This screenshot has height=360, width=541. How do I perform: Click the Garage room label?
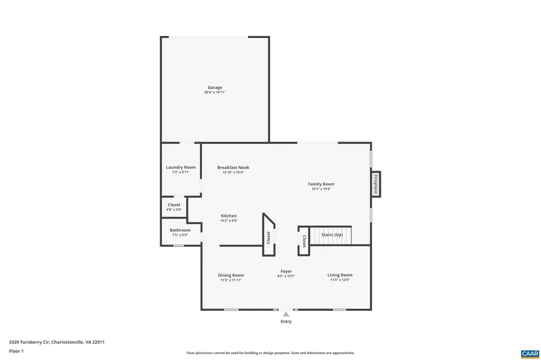coord(214,88)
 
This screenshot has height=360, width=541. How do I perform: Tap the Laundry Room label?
coord(181,167)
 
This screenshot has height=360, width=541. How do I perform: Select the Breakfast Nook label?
coord(233,167)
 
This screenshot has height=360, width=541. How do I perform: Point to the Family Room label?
coord(321,184)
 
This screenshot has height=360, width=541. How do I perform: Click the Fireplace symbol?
coord(376,184)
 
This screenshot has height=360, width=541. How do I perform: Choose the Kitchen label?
coord(229,216)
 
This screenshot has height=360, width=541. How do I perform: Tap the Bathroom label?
coord(180,230)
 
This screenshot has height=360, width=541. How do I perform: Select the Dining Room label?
coord(231,275)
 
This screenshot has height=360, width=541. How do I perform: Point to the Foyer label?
coord(286,271)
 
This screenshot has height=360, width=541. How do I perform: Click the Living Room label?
coord(340,275)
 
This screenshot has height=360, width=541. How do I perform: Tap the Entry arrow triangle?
coord(286,314)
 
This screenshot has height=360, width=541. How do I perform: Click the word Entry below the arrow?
coord(286,321)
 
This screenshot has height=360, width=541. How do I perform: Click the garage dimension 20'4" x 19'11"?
coord(214,92)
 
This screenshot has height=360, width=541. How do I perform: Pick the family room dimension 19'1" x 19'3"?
coord(321,189)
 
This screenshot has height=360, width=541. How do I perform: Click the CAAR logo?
coord(529,353)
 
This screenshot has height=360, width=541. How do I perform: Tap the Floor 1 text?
coord(16,351)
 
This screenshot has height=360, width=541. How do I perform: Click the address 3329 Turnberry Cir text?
coord(57,342)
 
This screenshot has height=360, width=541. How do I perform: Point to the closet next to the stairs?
coord(304,241)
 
